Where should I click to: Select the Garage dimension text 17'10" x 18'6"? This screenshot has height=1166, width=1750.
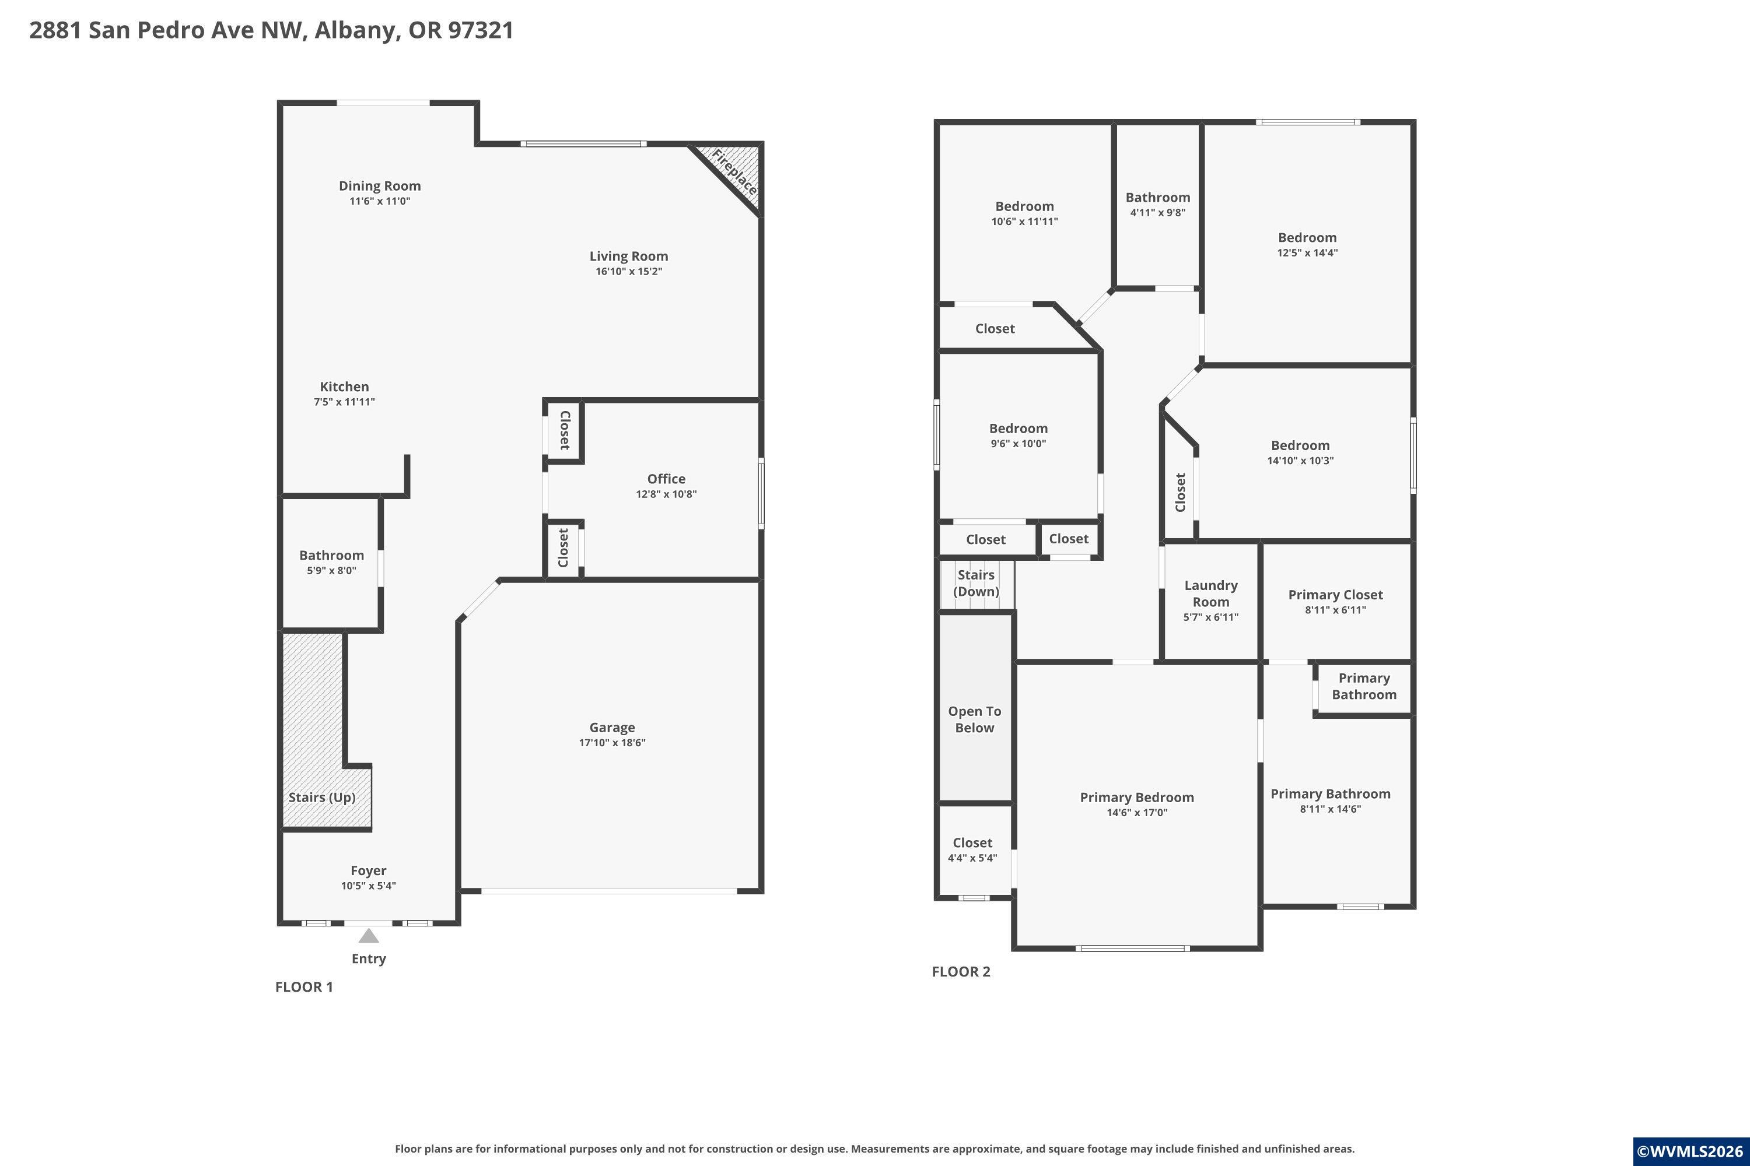coord(612,743)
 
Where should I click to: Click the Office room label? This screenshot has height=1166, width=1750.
coord(666,479)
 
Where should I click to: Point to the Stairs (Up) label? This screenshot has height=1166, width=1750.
coord(322,797)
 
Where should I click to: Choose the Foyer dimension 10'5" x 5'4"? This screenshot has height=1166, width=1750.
coord(368,886)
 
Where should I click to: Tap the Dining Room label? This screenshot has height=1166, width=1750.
coord(380,186)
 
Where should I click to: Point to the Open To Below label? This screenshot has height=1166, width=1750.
coord(975,719)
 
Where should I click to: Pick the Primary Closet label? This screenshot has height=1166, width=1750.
coord(1336,595)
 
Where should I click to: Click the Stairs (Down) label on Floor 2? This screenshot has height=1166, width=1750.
coord(976,583)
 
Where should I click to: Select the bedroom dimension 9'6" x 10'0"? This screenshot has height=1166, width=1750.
coord(1018,444)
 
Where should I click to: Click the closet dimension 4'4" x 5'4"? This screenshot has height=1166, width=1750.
coord(972,858)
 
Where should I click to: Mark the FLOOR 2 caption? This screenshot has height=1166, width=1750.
coord(961,971)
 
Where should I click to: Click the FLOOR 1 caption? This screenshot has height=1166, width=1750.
coord(304,987)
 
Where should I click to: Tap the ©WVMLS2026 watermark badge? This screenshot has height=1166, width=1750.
coord(1690,1152)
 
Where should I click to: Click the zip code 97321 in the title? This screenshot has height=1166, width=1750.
coord(481,30)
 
